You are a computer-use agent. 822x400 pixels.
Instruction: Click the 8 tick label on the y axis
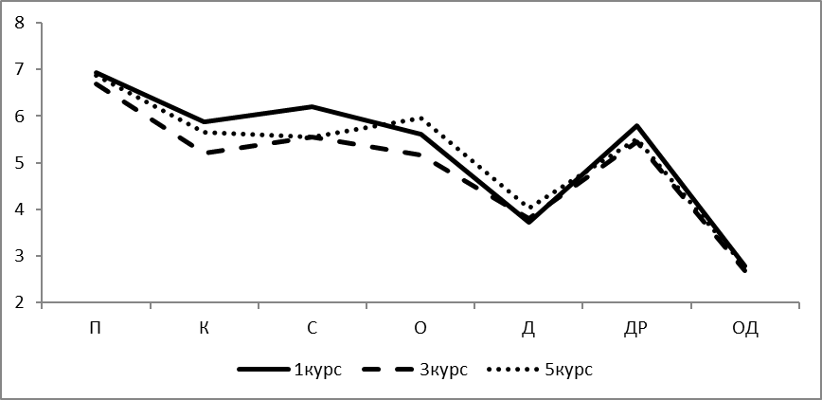pos(21,23)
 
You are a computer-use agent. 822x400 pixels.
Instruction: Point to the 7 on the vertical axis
pos(21,70)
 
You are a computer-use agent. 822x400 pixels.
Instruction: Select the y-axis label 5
pos(21,163)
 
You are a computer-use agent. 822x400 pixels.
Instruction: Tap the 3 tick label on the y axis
pos(21,256)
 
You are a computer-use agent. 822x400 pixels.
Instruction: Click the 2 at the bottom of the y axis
pos(21,303)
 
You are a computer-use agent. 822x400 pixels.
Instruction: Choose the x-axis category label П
pos(96,328)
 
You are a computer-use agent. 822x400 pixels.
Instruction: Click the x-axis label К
pos(205,328)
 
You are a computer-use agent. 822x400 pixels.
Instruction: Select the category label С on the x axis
pos(313,328)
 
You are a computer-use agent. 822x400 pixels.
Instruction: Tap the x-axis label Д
pos(529,329)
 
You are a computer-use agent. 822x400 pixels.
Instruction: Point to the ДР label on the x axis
pos(636,329)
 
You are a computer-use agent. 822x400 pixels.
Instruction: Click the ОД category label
pos(745,329)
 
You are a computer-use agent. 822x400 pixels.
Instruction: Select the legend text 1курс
pos(317,370)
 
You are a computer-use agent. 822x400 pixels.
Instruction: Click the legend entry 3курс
pos(443,370)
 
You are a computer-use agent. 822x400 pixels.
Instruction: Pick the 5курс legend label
pos(569,370)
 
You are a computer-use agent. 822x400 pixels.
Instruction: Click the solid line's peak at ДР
pos(636,126)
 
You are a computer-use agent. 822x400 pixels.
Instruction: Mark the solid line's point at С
pos(313,106)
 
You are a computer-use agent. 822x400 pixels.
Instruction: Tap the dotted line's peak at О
pos(420,118)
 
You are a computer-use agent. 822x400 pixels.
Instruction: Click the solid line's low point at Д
pos(529,222)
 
